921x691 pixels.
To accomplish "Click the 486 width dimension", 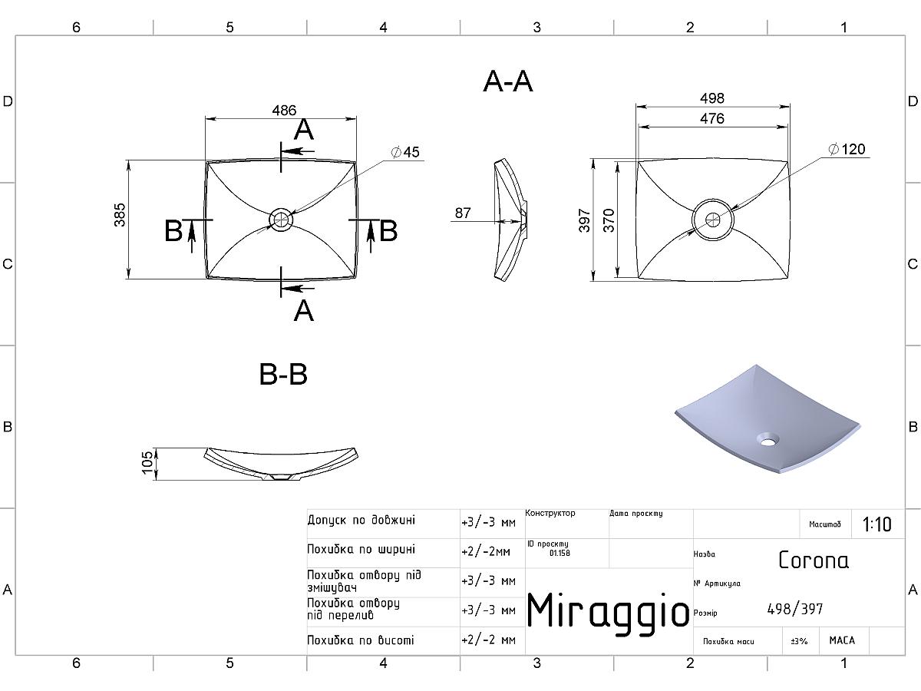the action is (x=284, y=111).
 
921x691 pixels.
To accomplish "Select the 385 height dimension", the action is (x=120, y=215).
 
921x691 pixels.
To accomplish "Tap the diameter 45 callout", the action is (x=405, y=152).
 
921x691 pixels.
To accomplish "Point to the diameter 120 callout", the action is (x=847, y=149).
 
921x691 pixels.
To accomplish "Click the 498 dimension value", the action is (x=712, y=98).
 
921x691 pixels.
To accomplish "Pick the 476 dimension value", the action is (x=712, y=118).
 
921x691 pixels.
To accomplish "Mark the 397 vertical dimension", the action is (x=585, y=220).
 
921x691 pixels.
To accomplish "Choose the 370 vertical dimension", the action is (x=609, y=220).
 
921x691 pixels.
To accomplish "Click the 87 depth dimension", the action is (x=463, y=213).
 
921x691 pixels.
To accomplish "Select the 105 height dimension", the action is (x=147, y=463).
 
